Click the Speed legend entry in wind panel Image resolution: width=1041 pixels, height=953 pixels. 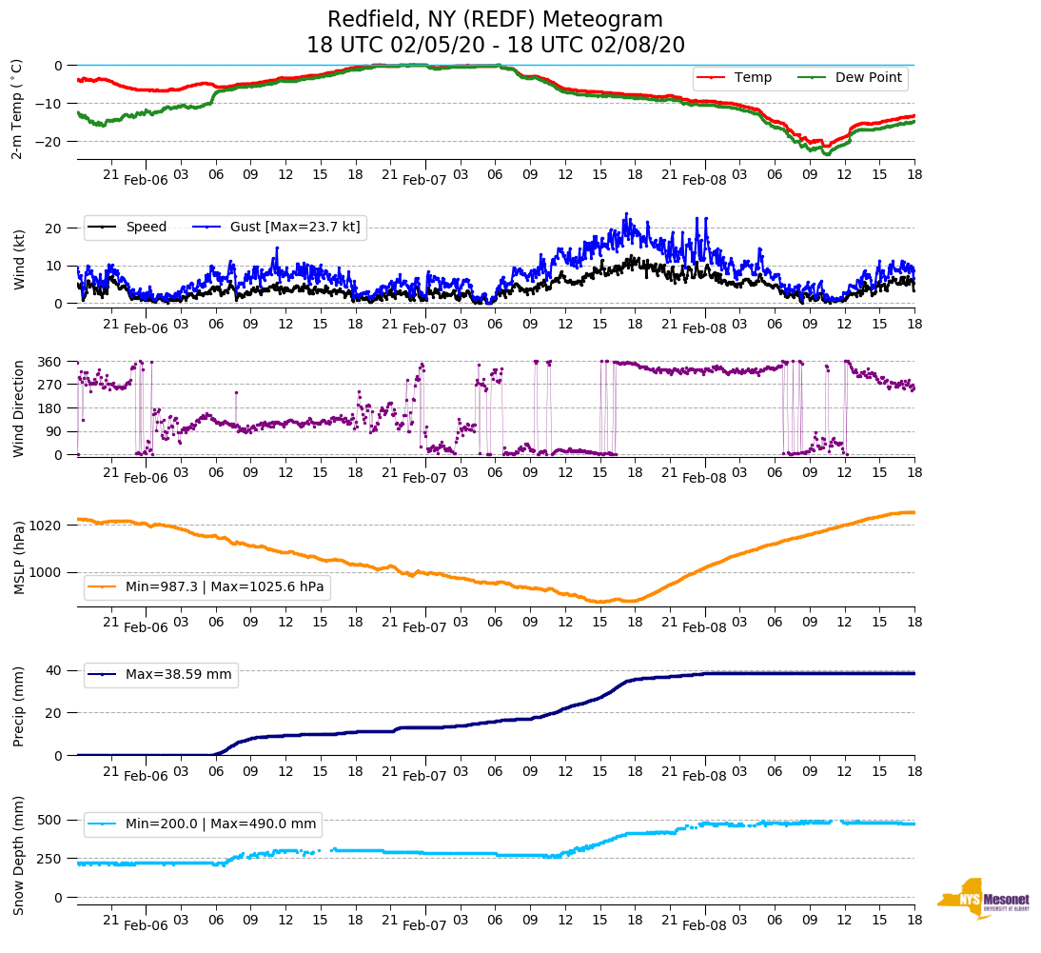pyautogui.click(x=146, y=227)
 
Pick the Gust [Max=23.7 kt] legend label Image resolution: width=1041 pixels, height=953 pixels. pyautogui.click(x=295, y=227)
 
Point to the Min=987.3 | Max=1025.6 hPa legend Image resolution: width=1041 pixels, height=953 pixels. pyautogui.click(x=225, y=587)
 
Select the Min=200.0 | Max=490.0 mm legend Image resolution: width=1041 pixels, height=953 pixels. pyautogui.click(x=223, y=824)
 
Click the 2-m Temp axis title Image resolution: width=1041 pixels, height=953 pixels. pyautogui.click(x=17, y=109)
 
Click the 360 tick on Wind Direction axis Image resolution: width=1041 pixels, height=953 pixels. pyautogui.click(x=50, y=362)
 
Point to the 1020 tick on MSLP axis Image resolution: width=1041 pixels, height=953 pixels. pyautogui.click(x=46, y=526)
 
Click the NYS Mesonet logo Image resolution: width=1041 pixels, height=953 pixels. pyautogui.click(x=983, y=899)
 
